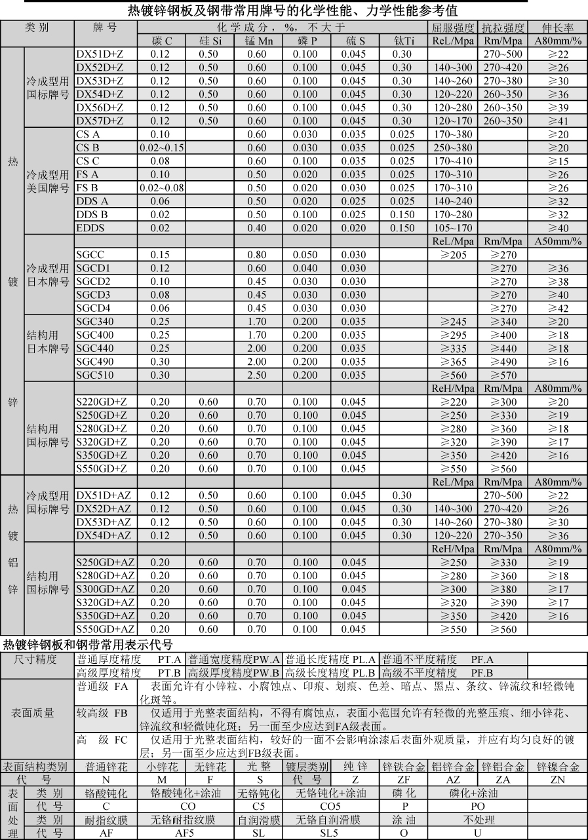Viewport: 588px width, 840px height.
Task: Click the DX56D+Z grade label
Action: [x=100, y=107]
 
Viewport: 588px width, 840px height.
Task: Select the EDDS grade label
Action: [x=90, y=228]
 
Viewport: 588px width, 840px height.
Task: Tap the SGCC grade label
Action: [x=90, y=255]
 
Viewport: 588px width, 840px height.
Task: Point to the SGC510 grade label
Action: [x=95, y=375]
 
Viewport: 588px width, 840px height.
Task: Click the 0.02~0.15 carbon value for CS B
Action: [x=161, y=147]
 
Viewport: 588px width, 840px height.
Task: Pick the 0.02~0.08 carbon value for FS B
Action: [x=161, y=188]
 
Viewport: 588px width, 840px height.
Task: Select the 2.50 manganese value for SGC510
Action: [x=257, y=375]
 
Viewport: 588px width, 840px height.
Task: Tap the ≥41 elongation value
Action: [x=559, y=121]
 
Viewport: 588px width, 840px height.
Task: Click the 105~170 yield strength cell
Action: [x=453, y=228]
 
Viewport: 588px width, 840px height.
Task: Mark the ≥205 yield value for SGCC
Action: [x=453, y=255]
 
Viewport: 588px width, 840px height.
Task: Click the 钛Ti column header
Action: [x=404, y=41]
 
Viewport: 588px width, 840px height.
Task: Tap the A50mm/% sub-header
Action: [x=559, y=241]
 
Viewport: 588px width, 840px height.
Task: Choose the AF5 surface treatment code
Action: [x=186, y=833]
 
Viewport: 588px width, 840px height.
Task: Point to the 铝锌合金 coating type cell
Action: [x=453, y=767]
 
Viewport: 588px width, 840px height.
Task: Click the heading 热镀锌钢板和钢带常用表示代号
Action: [x=88, y=644]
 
